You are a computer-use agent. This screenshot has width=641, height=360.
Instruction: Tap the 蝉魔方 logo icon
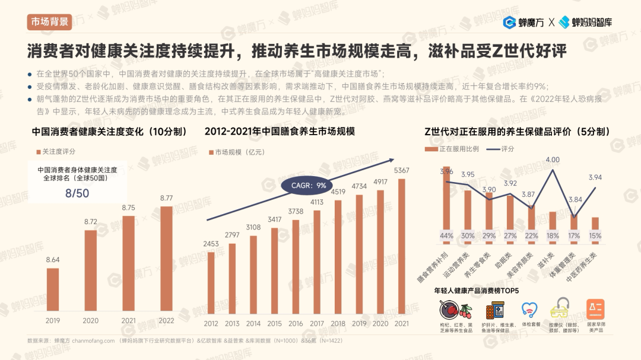(x=509, y=23)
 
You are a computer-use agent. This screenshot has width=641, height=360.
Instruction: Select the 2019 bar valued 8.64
(x=53, y=289)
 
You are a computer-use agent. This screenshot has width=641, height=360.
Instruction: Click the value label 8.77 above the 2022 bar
(x=166, y=198)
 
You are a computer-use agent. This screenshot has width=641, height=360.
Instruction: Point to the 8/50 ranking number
(x=77, y=193)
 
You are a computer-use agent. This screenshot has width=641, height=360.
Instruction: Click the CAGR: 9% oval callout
(x=309, y=186)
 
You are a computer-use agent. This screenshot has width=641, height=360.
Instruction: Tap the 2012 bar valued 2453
(x=211, y=282)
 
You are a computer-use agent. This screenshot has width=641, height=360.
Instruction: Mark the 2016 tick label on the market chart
(x=296, y=324)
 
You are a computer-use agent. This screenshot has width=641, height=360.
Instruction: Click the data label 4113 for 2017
(x=317, y=202)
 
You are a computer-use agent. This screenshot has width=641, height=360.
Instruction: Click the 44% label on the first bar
(x=446, y=235)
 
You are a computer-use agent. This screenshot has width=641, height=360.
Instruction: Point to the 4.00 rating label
(x=553, y=160)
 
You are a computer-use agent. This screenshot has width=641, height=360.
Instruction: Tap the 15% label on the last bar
(x=595, y=235)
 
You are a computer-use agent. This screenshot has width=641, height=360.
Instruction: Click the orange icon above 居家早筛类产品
(x=595, y=309)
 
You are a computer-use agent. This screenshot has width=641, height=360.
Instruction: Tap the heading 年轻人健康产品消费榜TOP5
(x=476, y=291)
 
